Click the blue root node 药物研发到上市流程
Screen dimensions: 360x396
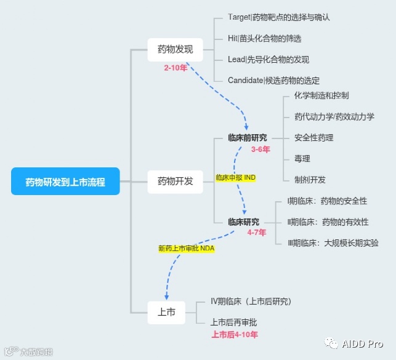coord(65,182)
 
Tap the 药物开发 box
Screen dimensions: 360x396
coord(175,181)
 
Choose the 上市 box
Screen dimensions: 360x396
coord(166,312)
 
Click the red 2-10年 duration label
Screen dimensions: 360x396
coord(176,68)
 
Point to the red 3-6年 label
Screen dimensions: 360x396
coord(261,149)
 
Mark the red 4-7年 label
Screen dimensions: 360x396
coord(257,233)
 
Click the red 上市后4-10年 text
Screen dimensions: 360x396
coord(235,335)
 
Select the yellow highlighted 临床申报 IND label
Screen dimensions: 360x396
coord(236,177)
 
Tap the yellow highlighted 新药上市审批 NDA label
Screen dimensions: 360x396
coord(186,249)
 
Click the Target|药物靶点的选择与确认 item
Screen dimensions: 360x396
coord(279,17)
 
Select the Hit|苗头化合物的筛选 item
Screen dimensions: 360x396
coord(264,38)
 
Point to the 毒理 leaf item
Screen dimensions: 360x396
coord(302,159)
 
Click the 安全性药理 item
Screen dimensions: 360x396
coord(314,138)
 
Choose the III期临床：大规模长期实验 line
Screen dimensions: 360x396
coord(333,243)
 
